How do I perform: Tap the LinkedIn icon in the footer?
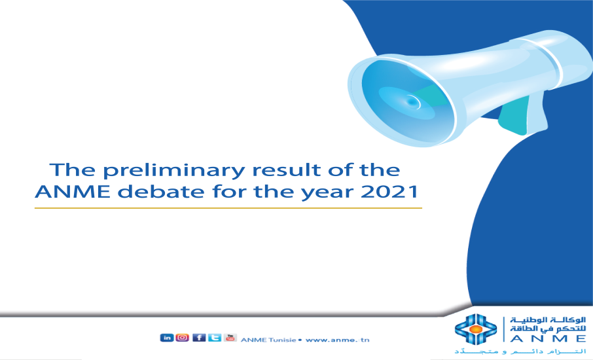(166, 338)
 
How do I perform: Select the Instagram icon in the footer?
(183, 338)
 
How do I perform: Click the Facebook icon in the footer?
(198, 338)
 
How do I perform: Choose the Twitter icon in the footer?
(214, 338)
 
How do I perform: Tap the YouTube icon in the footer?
(230, 338)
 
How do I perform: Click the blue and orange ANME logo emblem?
(476, 330)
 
